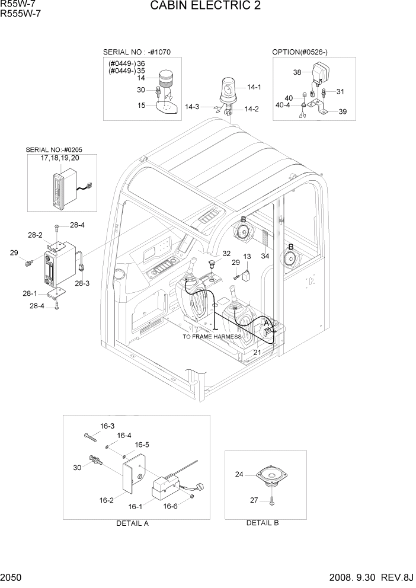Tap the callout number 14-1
254,87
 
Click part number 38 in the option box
297,72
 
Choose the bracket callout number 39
343,111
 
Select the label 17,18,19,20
60,158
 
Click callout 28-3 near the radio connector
82,283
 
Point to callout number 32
226,253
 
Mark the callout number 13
247,256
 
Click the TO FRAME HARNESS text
212,337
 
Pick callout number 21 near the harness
257,352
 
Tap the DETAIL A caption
133,523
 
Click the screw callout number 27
254,500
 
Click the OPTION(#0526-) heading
300,52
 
